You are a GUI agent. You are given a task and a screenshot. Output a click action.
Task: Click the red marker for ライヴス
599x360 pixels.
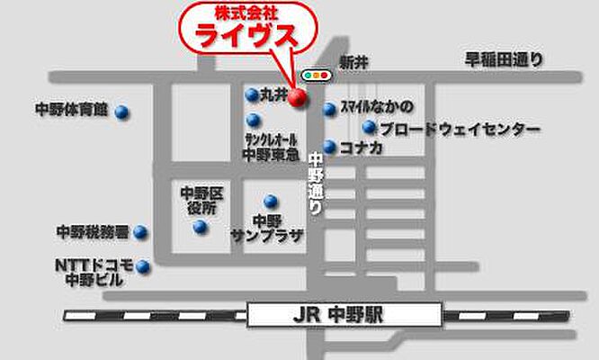299,100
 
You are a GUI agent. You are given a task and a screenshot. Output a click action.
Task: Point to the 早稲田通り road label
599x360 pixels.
504,61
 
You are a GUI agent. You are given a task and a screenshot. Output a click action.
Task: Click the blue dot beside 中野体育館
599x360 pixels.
121,112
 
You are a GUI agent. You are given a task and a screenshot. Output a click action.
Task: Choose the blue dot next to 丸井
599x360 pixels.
252,94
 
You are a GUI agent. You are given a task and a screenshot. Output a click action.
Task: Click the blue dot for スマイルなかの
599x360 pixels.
330,109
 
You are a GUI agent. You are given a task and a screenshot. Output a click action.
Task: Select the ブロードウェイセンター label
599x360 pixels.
460,130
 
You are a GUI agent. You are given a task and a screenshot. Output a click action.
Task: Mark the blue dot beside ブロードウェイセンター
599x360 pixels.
369,128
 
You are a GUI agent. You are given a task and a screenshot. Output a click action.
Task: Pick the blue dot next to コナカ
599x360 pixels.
330,147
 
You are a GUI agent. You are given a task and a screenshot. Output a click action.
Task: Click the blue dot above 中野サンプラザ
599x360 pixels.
270,201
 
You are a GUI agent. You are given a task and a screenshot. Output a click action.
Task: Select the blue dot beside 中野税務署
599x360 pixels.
140,232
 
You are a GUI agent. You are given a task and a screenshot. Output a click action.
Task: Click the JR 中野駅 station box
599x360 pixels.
344,316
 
